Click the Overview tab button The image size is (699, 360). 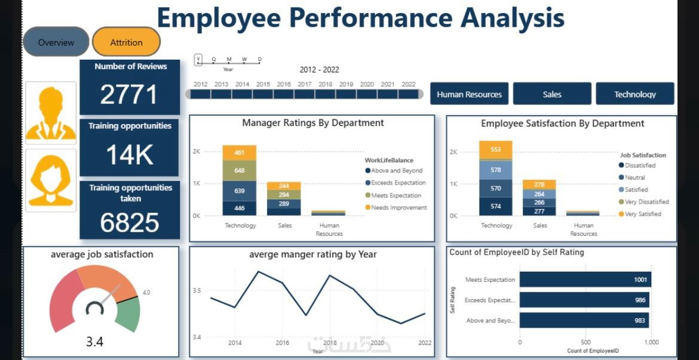click(56, 42)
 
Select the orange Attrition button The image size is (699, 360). click(127, 42)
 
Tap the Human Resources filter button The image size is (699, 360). click(469, 94)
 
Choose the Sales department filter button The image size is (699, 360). click(552, 94)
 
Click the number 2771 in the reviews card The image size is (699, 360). click(129, 95)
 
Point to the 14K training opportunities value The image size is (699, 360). click(129, 155)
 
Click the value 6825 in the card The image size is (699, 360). click(130, 223)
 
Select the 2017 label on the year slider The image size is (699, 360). click(305, 85)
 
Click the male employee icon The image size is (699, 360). click(51, 113)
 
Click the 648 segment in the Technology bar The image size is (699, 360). click(239, 171)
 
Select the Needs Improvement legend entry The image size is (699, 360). click(398, 208)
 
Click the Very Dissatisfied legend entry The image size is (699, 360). click(646, 202)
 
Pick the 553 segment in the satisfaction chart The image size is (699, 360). click(495, 150)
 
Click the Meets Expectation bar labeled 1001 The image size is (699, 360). click(585, 279)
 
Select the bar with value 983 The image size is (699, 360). click(584, 320)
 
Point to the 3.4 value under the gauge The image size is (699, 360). click(94, 341)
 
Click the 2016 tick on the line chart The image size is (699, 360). click(283, 343)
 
